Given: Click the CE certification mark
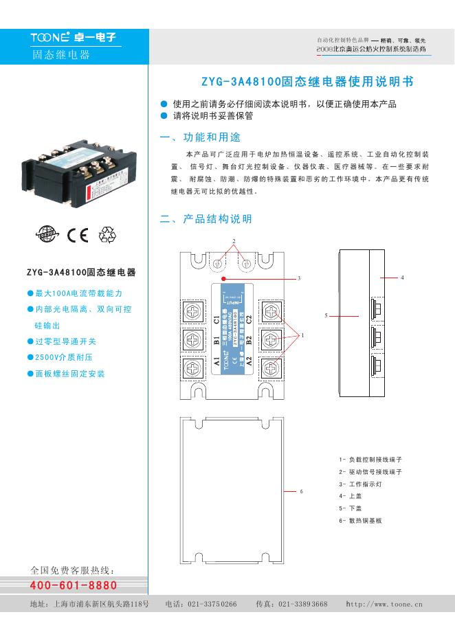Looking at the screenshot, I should click(78, 236).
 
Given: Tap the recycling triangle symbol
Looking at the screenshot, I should click(109, 235).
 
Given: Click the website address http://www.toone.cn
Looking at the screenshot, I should click(385, 604).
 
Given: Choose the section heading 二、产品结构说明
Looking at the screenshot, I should click(206, 219).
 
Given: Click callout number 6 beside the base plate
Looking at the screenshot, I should click(301, 491).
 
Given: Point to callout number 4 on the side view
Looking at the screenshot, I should click(402, 277).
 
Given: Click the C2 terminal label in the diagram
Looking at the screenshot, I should click(249, 319).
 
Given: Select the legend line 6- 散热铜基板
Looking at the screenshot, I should click(360, 521).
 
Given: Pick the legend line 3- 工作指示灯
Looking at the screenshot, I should click(360, 484).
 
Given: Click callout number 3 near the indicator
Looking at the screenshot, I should click(299, 279).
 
